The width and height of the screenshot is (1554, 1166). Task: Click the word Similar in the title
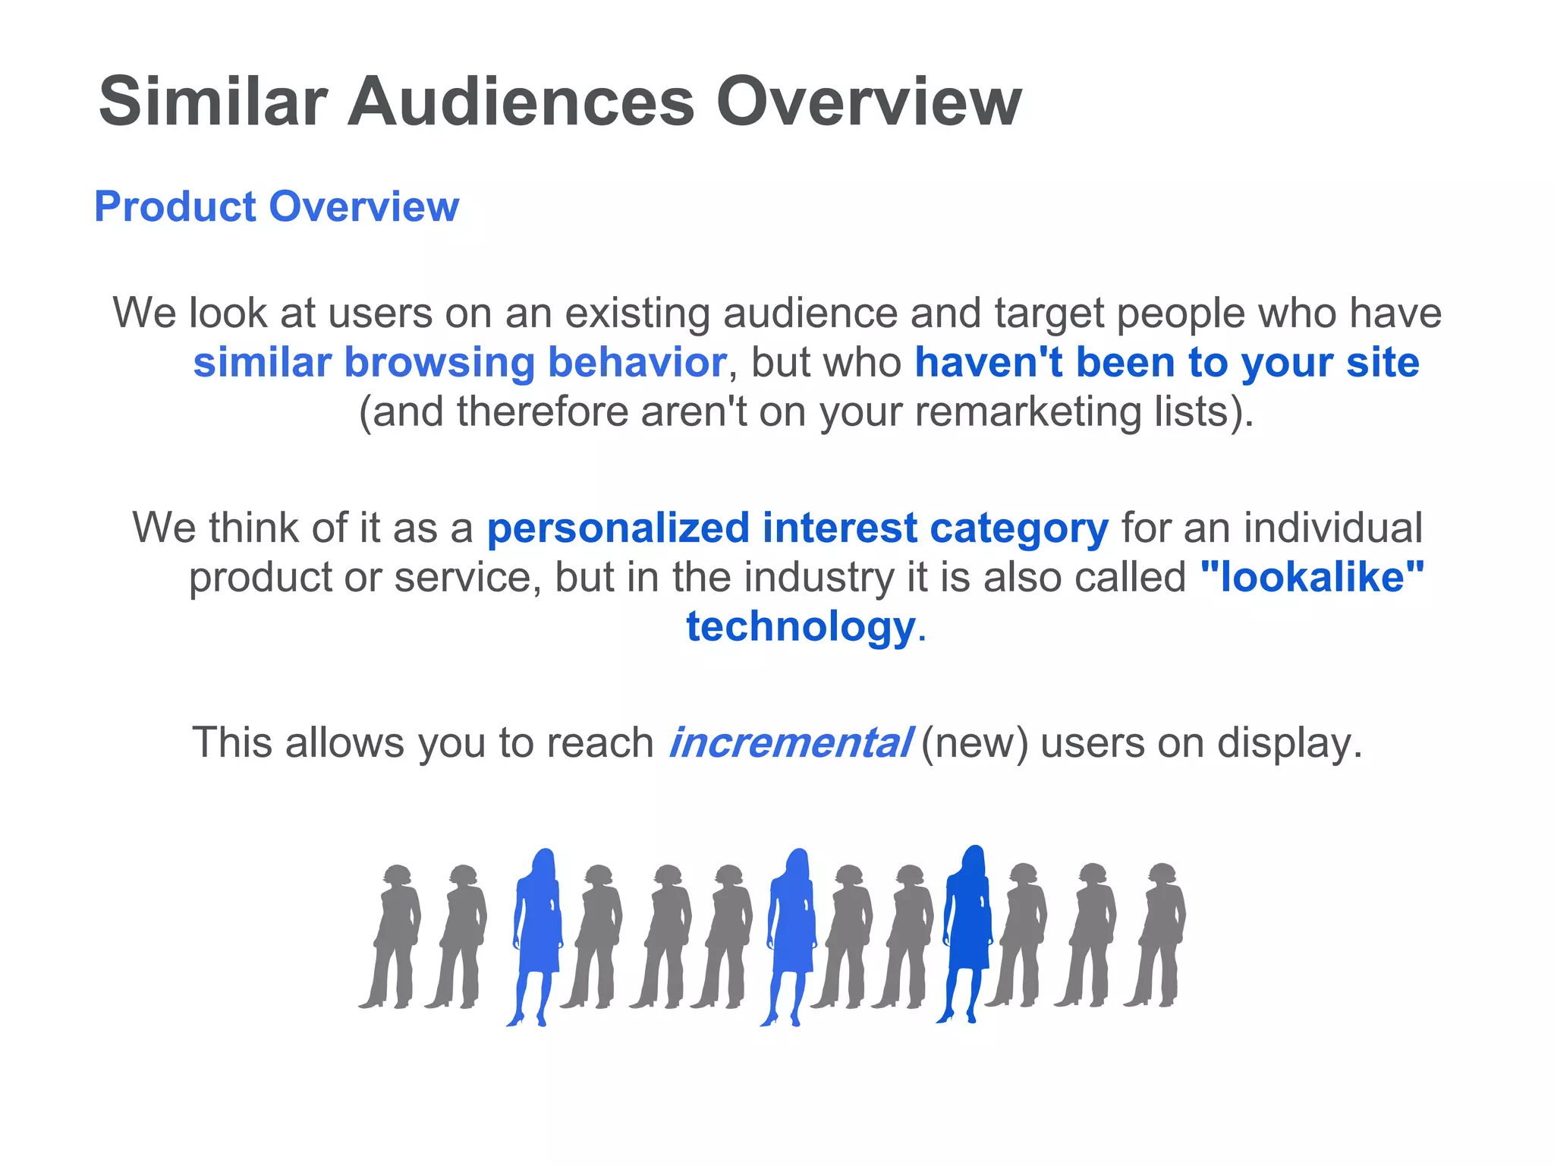click(x=213, y=102)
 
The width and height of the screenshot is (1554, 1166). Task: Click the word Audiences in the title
click(x=521, y=102)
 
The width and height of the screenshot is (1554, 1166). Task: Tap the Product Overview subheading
click(x=277, y=206)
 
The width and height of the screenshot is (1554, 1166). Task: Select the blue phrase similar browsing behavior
click(x=460, y=363)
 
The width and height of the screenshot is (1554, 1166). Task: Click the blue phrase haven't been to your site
click(x=1166, y=363)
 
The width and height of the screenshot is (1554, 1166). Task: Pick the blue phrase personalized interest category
click(x=797, y=528)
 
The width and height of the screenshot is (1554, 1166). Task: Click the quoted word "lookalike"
click(x=1312, y=578)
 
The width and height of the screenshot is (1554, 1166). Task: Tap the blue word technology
click(x=801, y=627)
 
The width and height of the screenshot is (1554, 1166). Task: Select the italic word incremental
click(x=790, y=742)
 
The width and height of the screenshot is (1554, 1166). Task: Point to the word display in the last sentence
click(x=1289, y=742)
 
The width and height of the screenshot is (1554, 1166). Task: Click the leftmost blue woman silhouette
click(x=538, y=934)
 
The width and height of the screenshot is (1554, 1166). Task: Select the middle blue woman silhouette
click(x=791, y=934)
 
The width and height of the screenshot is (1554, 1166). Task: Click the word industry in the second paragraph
click(x=819, y=578)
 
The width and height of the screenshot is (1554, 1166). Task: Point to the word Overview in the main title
click(x=869, y=102)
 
